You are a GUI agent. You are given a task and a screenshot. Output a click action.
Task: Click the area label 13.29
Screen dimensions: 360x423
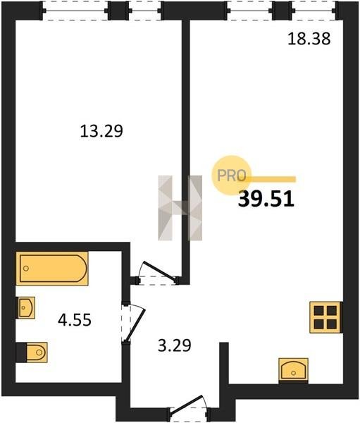(x=101, y=131)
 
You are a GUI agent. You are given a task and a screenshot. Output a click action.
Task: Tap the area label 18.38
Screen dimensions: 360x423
(x=309, y=39)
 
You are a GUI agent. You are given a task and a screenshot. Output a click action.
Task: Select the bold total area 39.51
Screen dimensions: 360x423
(x=266, y=199)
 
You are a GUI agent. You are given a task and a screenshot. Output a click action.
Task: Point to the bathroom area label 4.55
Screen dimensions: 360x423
(x=75, y=320)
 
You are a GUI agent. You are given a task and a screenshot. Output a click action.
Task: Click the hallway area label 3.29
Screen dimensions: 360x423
(x=175, y=345)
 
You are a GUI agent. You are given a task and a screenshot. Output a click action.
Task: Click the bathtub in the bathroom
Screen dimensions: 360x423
(x=52, y=269)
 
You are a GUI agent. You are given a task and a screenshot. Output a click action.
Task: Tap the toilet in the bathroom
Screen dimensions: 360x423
(x=37, y=352)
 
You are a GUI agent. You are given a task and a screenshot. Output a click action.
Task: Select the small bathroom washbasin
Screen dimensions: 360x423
(x=26, y=307)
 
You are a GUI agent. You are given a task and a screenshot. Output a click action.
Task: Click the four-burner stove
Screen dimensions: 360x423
(x=325, y=317)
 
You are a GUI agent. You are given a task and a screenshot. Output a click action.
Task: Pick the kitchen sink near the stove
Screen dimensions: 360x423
(x=293, y=369)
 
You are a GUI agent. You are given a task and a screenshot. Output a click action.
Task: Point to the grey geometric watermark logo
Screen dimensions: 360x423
(x=180, y=208)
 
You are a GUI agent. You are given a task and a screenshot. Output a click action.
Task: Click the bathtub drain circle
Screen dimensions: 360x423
(x=26, y=269)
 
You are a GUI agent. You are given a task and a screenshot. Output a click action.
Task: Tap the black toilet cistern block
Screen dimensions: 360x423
(x=21, y=352)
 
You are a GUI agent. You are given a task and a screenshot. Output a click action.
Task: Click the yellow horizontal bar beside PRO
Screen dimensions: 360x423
(x=271, y=179)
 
